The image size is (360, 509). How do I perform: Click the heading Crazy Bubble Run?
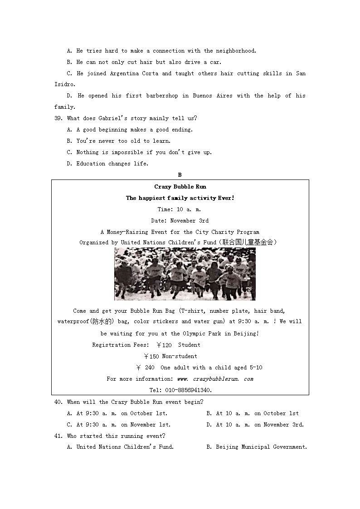[x=180, y=187]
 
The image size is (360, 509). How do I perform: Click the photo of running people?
[x=185, y=274]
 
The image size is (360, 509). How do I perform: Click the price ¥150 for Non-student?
[x=151, y=356]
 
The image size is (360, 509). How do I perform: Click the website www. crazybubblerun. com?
[x=215, y=379]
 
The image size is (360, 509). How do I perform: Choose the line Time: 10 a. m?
[x=180, y=209]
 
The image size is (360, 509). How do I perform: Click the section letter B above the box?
[x=180, y=175]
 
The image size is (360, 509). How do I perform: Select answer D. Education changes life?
[x=107, y=164]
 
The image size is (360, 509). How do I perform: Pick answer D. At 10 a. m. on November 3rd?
[x=255, y=425]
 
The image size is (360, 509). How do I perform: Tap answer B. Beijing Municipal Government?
[x=257, y=447]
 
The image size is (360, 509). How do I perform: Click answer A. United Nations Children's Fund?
[x=120, y=447]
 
